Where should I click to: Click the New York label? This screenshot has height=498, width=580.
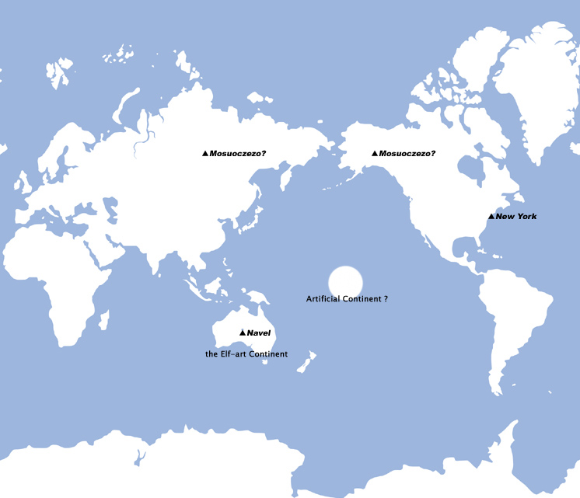click(x=516, y=216)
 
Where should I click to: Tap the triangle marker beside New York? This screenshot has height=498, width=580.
click(x=491, y=216)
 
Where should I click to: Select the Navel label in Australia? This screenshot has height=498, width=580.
click(x=258, y=333)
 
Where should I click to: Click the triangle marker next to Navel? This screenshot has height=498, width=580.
click(x=243, y=333)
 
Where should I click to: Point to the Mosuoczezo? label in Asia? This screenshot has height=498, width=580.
click(x=238, y=154)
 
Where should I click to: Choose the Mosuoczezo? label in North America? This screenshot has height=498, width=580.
click(x=407, y=154)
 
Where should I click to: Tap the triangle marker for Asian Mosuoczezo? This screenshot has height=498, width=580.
click(x=205, y=154)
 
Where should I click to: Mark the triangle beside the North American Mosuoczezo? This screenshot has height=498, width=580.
click(x=375, y=154)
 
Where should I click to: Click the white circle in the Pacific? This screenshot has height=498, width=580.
click(x=346, y=281)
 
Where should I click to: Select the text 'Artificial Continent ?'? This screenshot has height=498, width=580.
click(x=347, y=298)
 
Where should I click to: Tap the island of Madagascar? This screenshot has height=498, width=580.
click(x=103, y=319)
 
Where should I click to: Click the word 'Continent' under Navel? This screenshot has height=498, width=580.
click(x=269, y=354)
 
